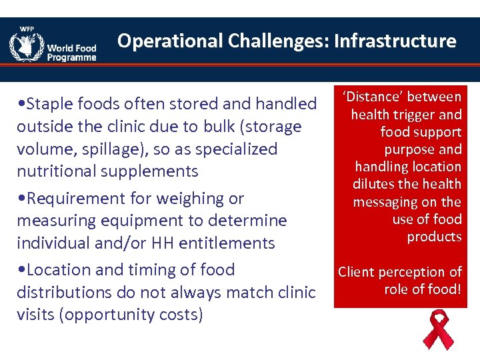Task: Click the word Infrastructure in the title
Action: click(x=395, y=41)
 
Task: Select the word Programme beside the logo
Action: click(x=71, y=57)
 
